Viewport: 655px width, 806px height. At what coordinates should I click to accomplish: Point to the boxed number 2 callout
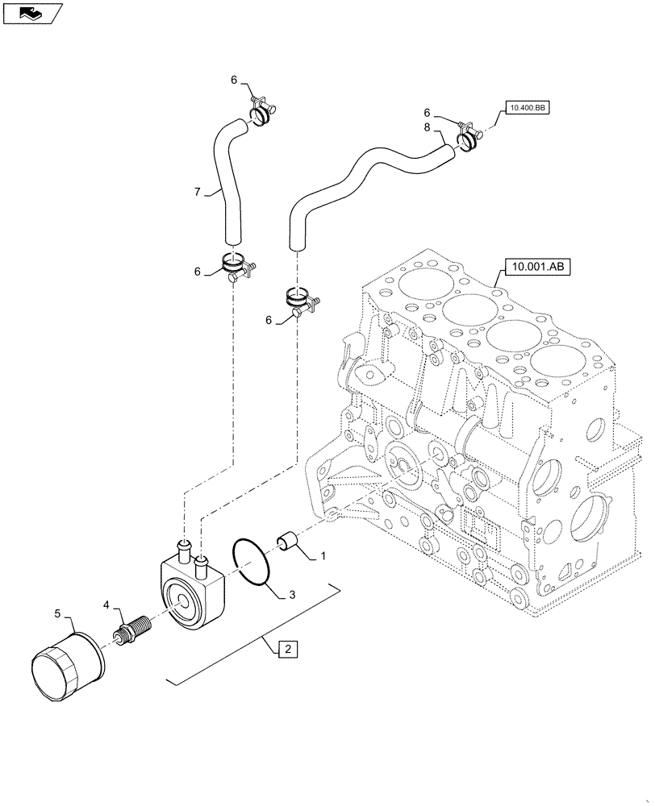tap(289, 648)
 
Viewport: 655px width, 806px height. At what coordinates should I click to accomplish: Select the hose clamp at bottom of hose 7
tap(234, 266)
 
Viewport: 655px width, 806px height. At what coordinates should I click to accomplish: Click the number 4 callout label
tap(105, 604)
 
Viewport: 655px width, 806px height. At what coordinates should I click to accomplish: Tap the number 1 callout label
tap(323, 555)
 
